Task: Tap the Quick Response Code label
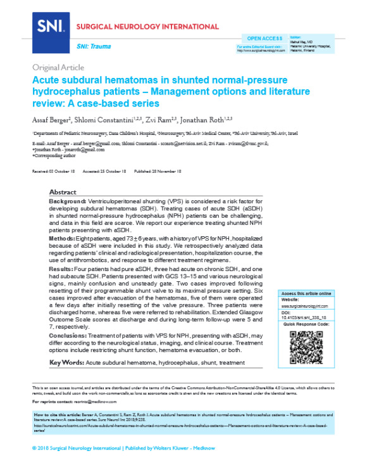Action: (x=307, y=323)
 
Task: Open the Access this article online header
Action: (x=307, y=294)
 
